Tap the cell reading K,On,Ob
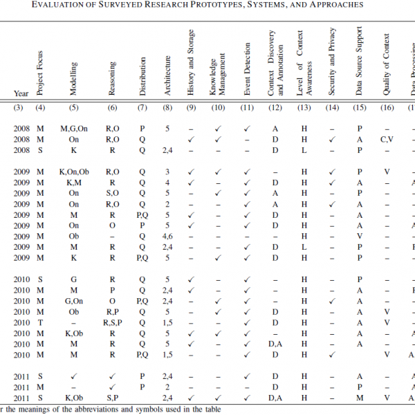point(74,172)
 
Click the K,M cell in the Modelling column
point(74,183)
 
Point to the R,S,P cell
point(113,322)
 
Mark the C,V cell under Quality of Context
point(387,139)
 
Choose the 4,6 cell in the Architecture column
point(167,236)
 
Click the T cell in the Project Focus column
point(40,322)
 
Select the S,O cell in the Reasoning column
point(113,193)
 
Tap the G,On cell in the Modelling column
point(74,300)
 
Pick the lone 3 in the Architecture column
point(167,172)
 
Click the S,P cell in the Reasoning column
point(113,397)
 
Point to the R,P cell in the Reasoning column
point(113,311)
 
